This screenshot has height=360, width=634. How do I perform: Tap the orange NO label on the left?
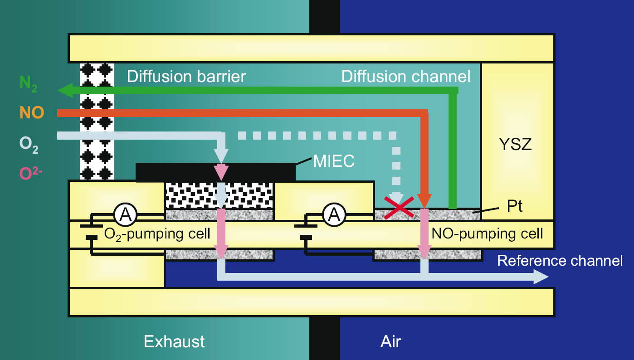click(x=31, y=112)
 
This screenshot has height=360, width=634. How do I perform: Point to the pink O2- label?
click(x=31, y=173)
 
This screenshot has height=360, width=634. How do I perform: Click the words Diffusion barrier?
click(x=186, y=76)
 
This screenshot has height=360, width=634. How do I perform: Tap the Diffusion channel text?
click(x=406, y=76)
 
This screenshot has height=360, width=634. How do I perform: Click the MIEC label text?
click(x=334, y=161)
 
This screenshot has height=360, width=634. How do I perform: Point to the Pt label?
click(x=514, y=207)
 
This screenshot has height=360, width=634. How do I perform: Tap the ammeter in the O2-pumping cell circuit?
click(x=125, y=214)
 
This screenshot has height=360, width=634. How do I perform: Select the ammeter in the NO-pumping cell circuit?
click(x=334, y=214)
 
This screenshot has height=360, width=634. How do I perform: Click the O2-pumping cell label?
click(x=157, y=234)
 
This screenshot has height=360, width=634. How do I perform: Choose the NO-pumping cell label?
click(x=487, y=234)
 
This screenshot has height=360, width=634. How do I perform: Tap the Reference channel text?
click(x=560, y=261)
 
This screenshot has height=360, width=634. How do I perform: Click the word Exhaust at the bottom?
click(x=174, y=341)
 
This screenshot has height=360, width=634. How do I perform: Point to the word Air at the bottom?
click(x=390, y=341)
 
